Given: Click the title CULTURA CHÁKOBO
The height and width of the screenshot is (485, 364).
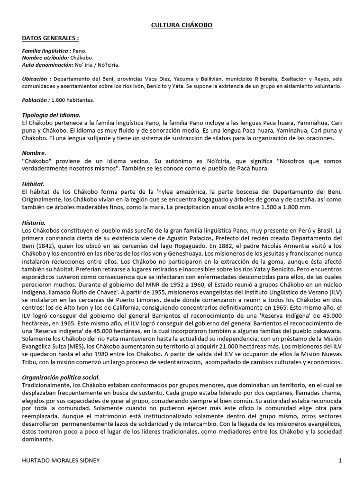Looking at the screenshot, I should [182, 25].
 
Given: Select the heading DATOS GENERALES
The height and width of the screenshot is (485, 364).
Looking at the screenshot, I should [50, 38].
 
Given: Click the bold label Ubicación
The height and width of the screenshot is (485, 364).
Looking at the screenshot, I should [37, 78].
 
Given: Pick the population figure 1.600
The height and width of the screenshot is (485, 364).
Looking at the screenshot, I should [59, 100].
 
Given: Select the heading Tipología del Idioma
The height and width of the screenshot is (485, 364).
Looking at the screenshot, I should [51, 115].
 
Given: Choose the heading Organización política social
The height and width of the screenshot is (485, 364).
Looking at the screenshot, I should [61, 377].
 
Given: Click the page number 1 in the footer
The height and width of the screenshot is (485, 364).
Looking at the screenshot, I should [340, 460].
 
